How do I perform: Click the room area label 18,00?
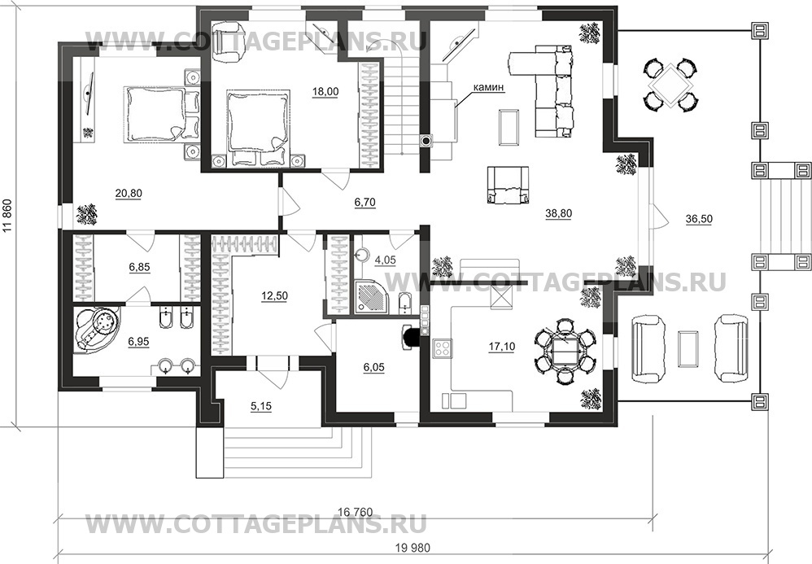point(325,92)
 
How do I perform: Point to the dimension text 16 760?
point(355,511)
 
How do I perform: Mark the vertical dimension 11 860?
point(10,230)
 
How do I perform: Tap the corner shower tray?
point(371,299)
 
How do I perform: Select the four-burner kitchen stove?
point(443,350)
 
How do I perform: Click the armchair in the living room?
point(508,186)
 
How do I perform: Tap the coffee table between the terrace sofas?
point(689,346)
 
